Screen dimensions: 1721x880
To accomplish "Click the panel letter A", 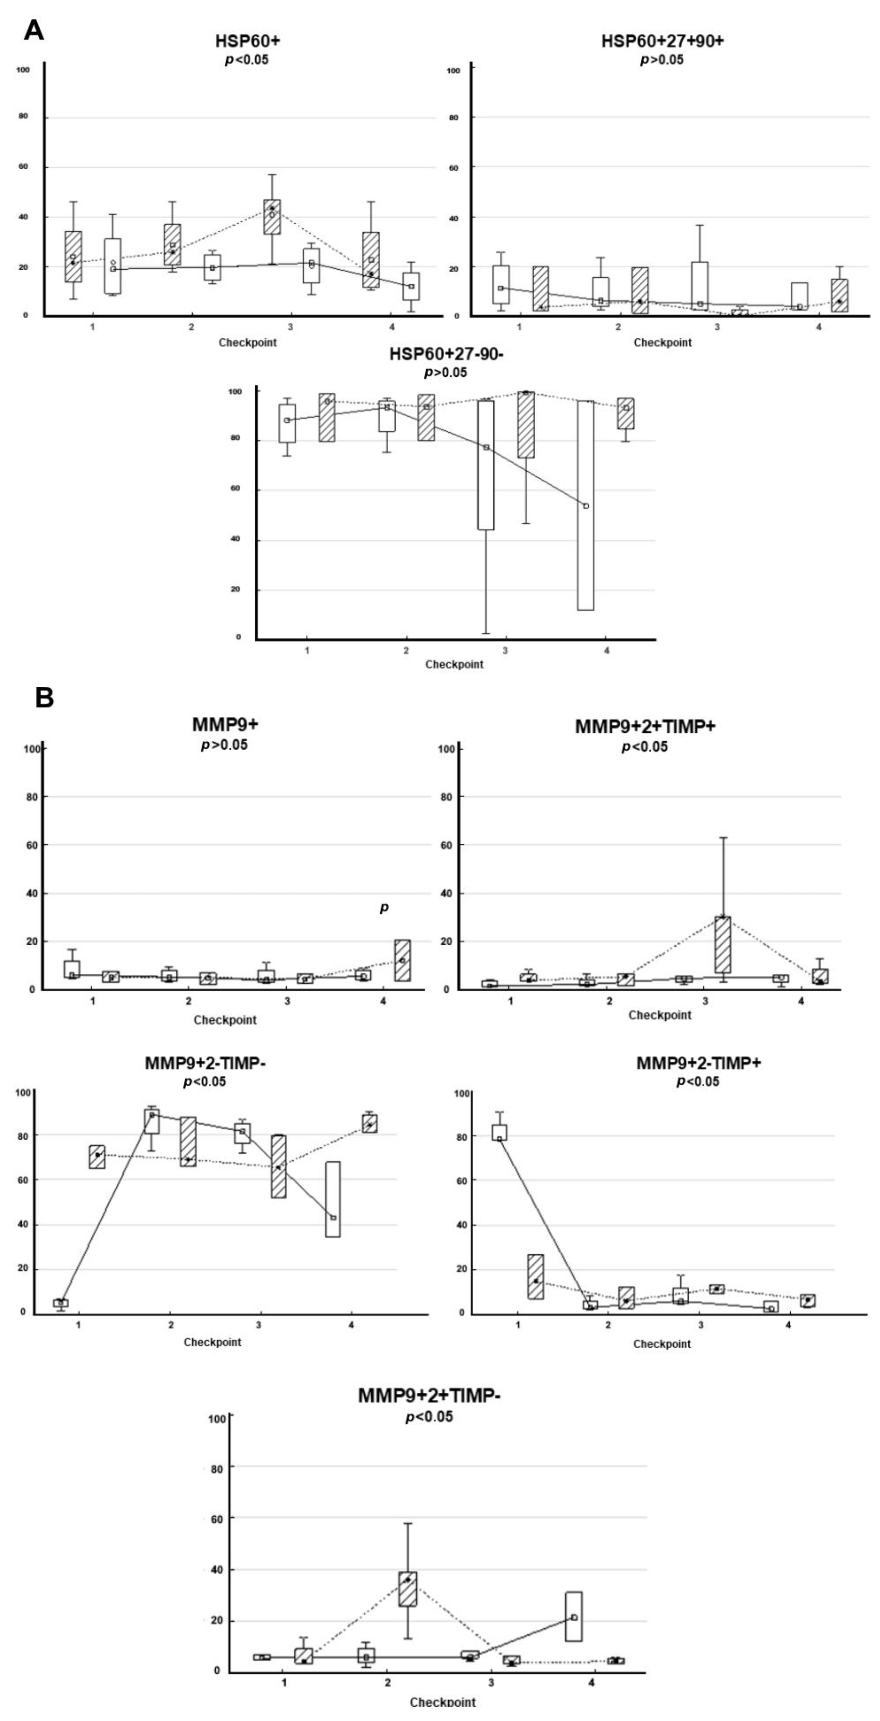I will [33, 30].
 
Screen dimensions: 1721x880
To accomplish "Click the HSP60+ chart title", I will [247, 41].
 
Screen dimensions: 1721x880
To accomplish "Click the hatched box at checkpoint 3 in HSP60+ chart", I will [272, 217].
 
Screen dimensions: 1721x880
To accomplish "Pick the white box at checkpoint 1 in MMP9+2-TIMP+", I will [499, 1132].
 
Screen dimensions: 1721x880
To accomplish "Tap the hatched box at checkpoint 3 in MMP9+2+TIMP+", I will [722, 944].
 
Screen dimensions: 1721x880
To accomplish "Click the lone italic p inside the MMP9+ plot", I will [383, 907].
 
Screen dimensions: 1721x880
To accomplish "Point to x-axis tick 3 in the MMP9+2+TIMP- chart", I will [491, 1682].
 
